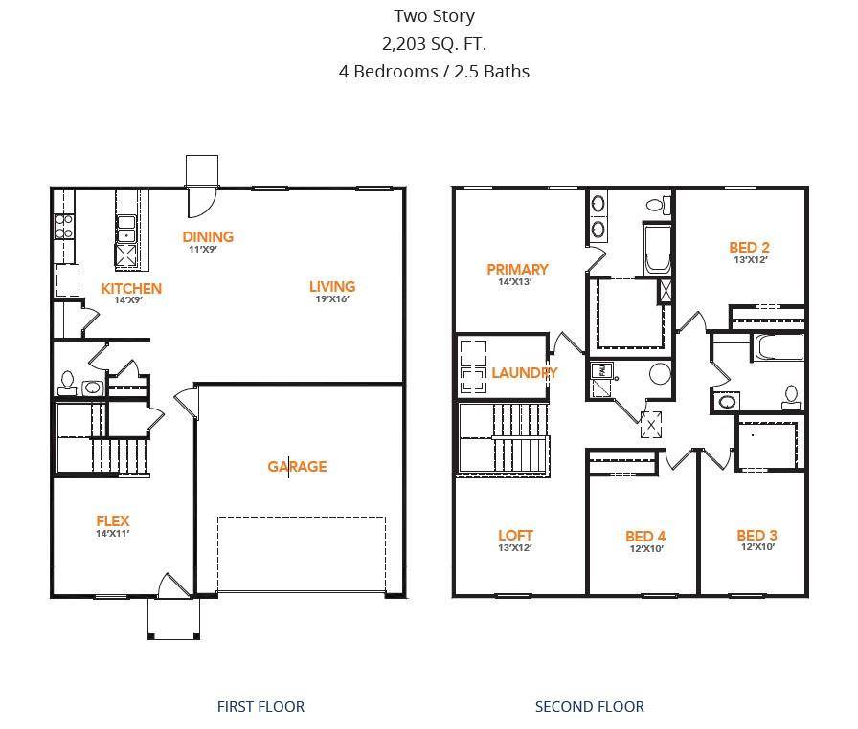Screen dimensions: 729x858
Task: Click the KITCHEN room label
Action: (131, 288)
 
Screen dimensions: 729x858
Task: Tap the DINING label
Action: (208, 236)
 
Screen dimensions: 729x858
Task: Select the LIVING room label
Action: (331, 286)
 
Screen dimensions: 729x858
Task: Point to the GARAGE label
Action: (297, 466)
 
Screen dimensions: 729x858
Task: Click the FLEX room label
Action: (112, 520)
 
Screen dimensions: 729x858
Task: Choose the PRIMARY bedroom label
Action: (517, 269)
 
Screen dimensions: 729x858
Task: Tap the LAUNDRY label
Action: (524, 372)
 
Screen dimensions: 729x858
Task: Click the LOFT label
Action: (515, 535)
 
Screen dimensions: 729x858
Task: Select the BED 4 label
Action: (644, 536)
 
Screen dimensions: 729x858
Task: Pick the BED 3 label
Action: (756, 535)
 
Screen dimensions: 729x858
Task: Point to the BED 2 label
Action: (749, 247)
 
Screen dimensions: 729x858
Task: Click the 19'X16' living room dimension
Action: (331, 298)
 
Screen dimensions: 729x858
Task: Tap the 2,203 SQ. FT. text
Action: (434, 43)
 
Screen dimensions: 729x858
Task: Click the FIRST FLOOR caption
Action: (260, 706)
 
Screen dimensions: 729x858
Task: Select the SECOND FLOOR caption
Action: (589, 706)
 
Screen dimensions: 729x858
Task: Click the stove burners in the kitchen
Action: (64, 226)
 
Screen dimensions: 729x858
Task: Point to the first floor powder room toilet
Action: (67, 384)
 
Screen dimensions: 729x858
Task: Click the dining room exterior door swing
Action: (201, 200)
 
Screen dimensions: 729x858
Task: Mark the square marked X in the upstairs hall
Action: (652, 426)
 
